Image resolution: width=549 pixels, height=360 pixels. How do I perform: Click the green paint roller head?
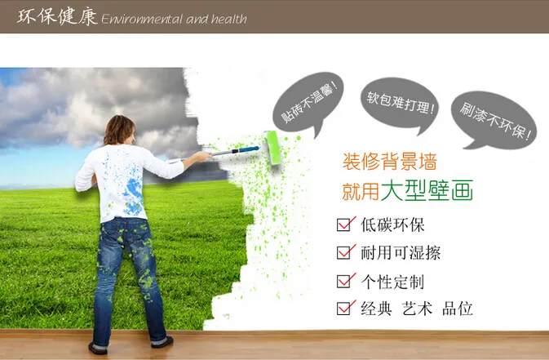(x=272, y=148)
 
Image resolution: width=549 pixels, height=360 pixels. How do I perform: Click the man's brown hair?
(x=119, y=130)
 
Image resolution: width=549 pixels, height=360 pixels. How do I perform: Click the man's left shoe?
(x=98, y=348)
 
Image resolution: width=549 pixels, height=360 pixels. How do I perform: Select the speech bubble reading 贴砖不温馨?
(x=308, y=102)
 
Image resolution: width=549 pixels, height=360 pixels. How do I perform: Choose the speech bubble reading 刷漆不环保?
(x=494, y=120)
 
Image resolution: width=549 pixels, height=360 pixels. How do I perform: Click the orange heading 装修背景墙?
(x=390, y=162)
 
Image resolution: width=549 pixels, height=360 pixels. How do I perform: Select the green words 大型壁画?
(x=427, y=190)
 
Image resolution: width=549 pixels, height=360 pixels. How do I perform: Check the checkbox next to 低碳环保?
(x=346, y=224)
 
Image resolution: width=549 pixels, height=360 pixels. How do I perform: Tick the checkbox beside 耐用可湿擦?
(x=346, y=251)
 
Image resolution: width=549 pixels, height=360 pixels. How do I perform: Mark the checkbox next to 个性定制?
(x=346, y=281)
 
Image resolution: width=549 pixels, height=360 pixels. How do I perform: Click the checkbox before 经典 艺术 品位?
(x=346, y=308)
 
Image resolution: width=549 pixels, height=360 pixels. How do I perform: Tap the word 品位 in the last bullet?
(x=458, y=309)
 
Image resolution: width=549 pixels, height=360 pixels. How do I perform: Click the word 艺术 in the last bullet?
(x=418, y=309)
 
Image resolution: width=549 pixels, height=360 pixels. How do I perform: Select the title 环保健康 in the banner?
(x=57, y=16)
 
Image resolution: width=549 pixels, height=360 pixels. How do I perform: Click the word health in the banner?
(x=229, y=19)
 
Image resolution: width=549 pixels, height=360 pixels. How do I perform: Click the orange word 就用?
(x=361, y=191)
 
